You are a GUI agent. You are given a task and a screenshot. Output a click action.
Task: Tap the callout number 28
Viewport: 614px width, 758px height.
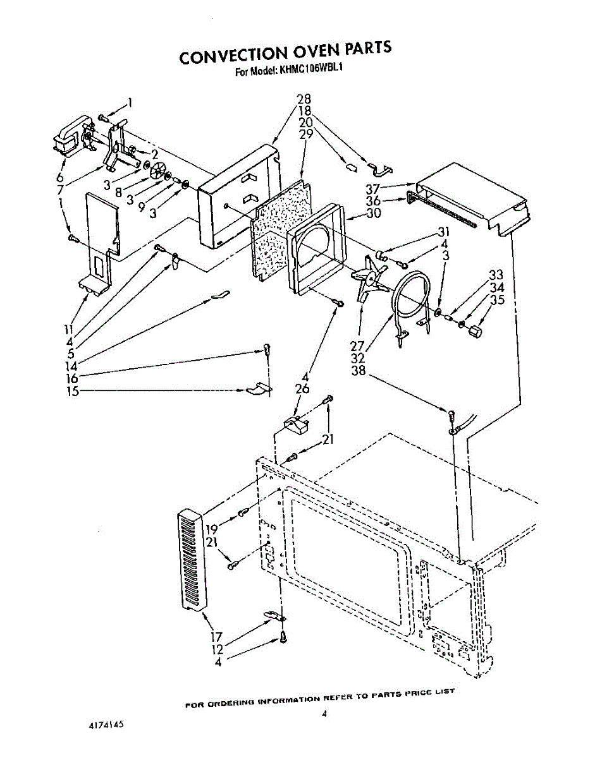tap(304, 99)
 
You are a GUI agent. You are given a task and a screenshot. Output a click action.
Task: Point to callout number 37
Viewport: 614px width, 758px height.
tap(373, 189)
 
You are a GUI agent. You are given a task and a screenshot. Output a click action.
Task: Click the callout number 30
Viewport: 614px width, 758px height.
tap(374, 214)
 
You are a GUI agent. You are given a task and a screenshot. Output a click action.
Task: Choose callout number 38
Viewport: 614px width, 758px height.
tap(360, 371)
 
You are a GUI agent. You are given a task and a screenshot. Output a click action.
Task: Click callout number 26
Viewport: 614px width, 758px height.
tap(302, 389)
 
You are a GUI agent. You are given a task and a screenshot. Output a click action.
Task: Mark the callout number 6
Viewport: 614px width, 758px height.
tap(60, 178)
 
